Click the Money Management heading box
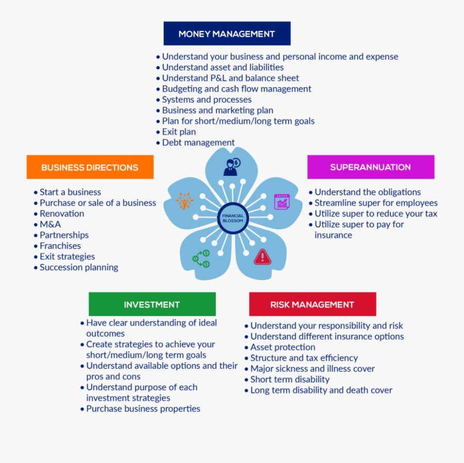tap(227, 34)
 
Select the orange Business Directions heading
tap(90, 167)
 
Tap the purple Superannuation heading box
tap(371, 167)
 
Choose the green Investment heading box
tap(152, 304)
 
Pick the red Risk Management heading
tap(312, 304)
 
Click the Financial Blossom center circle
tap(233, 218)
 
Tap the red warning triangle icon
tap(262, 256)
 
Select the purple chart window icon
tap(282, 202)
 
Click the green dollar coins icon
tap(201, 258)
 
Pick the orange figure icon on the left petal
tap(184, 201)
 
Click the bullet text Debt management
tap(198, 143)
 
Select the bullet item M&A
tap(50, 224)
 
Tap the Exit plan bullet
tap(179, 132)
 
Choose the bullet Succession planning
tap(79, 267)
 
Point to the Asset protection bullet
tap(283, 347)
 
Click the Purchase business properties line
tap(143, 409)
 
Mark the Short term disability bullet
tap(290, 379)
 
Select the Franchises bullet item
tap(60, 246)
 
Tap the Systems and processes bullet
tap(207, 100)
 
